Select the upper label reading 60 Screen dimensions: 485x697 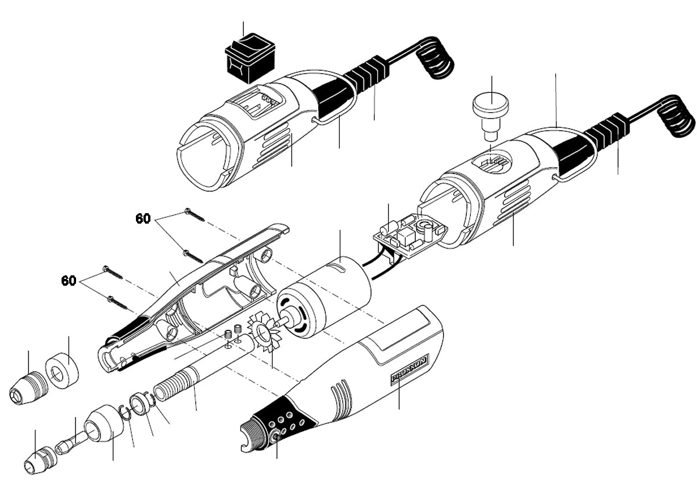point(143,218)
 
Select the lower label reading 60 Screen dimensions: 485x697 point(69,281)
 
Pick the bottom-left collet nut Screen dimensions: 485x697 point(38,461)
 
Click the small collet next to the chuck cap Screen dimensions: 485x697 point(65,446)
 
